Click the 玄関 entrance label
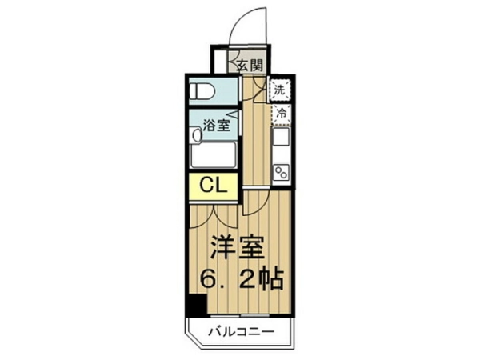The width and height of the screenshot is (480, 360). (250, 65)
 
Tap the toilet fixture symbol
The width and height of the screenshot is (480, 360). (202, 91)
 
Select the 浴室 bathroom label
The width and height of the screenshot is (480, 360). (217, 126)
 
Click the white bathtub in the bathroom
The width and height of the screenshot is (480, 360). (213, 155)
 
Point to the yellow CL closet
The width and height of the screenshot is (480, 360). (213, 186)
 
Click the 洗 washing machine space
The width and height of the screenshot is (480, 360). (279, 90)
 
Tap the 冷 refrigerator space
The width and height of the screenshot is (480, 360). (281, 114)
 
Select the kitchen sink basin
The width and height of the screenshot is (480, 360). (281, 137)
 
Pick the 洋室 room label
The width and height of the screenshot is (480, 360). (238, 248)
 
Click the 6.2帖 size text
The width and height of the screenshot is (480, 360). (242, 279)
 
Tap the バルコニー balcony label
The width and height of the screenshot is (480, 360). (241, 332)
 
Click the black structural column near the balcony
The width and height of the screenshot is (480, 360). (197, 306)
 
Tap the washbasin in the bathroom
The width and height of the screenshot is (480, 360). (194, 135)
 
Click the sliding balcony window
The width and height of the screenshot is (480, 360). (240, 315)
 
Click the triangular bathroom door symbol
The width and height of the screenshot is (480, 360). (235, 114)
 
